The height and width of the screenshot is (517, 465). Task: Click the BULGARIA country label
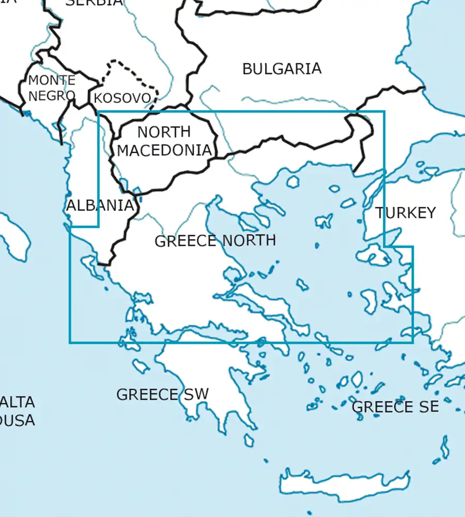tap(282, 68)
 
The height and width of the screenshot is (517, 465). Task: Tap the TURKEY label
tap(406, 212)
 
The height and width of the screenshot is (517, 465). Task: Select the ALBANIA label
tap(100, 205)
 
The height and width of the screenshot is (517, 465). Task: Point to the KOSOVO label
tap(122, 98)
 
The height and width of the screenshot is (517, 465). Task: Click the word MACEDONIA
tap(164, 150)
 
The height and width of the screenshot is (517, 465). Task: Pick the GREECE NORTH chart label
tap(215, 240)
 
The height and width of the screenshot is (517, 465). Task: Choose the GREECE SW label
tap(162, 394)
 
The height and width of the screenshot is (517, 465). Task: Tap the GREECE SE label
tap(395, 407)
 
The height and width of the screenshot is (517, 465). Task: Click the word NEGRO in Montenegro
tap(52, 95)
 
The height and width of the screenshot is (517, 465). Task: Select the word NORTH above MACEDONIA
tap(164, 132)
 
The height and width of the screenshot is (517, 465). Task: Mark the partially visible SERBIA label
tap(95, 3)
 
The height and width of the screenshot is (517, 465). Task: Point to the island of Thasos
tap(293, 181)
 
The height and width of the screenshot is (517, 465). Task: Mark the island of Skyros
tap(303, 284)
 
